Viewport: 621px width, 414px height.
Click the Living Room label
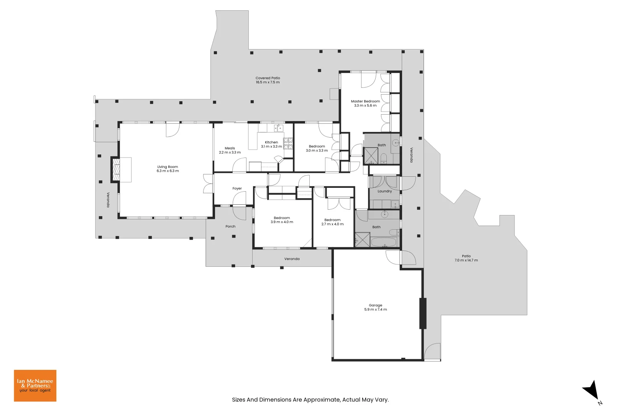pyautogui.click(x=168, y=167)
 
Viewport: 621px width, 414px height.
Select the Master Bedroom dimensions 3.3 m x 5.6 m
pyautogui.click(x=365, y=106)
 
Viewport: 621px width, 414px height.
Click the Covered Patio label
pyautogui.click(x=268, y=78)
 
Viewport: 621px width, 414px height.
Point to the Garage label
pyautogui.click(x=375, y=306)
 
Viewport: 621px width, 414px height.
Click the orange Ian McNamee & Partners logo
pyautogui.click(x=35, y=386)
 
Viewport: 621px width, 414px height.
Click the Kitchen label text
pyautogui.click(x=271, y=142)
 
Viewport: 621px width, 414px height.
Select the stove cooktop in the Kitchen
pyautogui.click(x=288, y=143)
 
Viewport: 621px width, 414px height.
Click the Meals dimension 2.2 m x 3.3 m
pyautogui.click(x=230, y=153)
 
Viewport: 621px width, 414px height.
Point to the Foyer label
pyautogui.click(x=237, y=189)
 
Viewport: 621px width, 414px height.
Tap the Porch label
pyautogui.click(x=230, y=227)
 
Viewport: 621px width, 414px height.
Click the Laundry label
pyautogui.click(x=384, y=191)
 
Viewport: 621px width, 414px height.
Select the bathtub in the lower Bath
pyautogui.click(x=384, y=242)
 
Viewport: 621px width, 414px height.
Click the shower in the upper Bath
pyautogui.click(x=371, y=155)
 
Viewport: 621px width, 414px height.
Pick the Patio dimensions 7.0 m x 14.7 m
pyautogui.click(x=466, y=260)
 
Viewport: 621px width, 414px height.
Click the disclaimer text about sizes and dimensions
pyautogui.click(x=310, y=399)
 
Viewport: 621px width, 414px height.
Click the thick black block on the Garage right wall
pyautogui.click(x=423, y=313)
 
